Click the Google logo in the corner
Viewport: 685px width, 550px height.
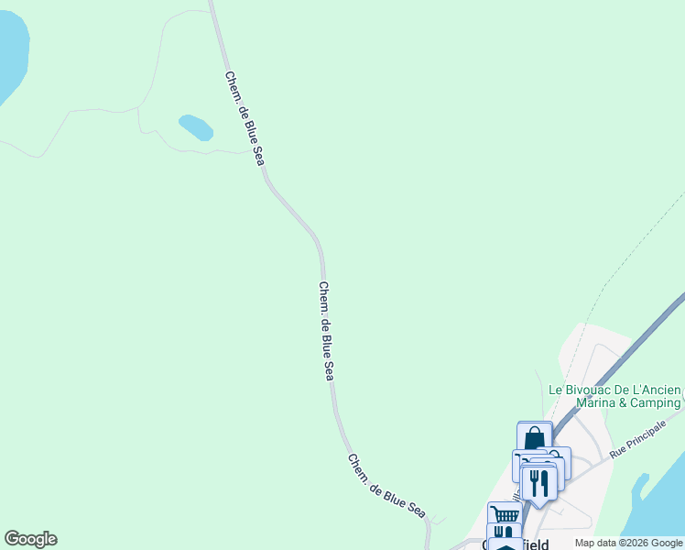pos(30,539)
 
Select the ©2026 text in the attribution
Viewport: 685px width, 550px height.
pos(639,543)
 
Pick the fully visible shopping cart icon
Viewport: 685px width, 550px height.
pos(505,514)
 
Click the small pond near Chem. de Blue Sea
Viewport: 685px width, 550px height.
pos(196,126)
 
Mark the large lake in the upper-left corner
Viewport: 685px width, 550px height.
pos(9,55)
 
